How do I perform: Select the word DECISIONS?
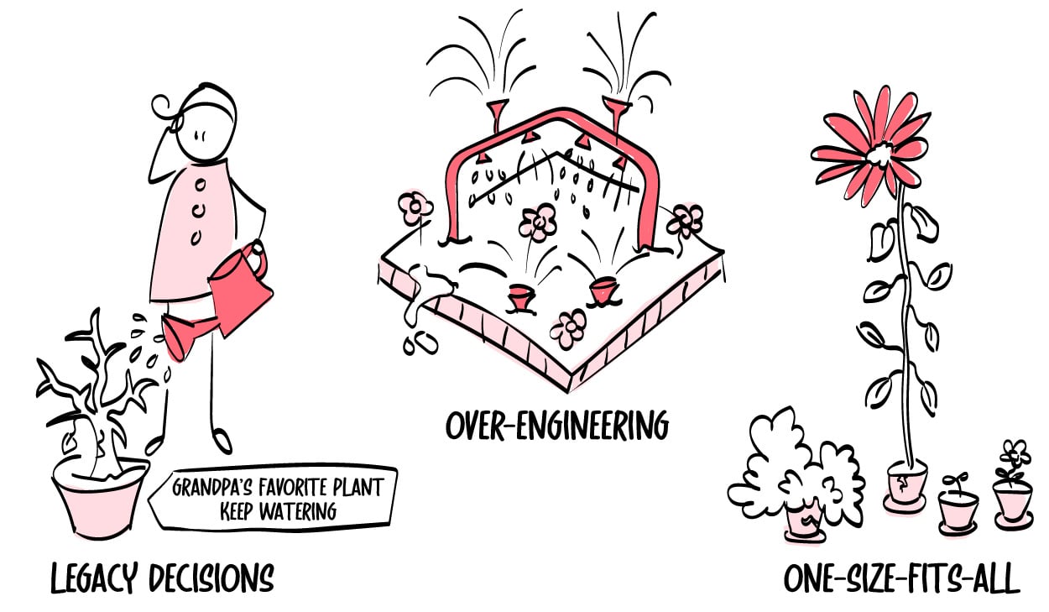pyautogui.click(x=211, y=578)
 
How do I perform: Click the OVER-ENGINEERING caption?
pyautogui.click(x=557, y=425)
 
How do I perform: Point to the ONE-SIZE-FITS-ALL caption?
pyautogui.click(x=902, y=579)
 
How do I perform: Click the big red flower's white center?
pyautogui.click(x=882, y=153)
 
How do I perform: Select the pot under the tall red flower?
pyautogui.click(x=905, y=488)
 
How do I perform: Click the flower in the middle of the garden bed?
pyautogui.click(x=537, y=223)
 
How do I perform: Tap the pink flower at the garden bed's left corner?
pyautogui.click(x=415, y=208)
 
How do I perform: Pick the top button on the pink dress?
pyautogui.click(x=201, y=185)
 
